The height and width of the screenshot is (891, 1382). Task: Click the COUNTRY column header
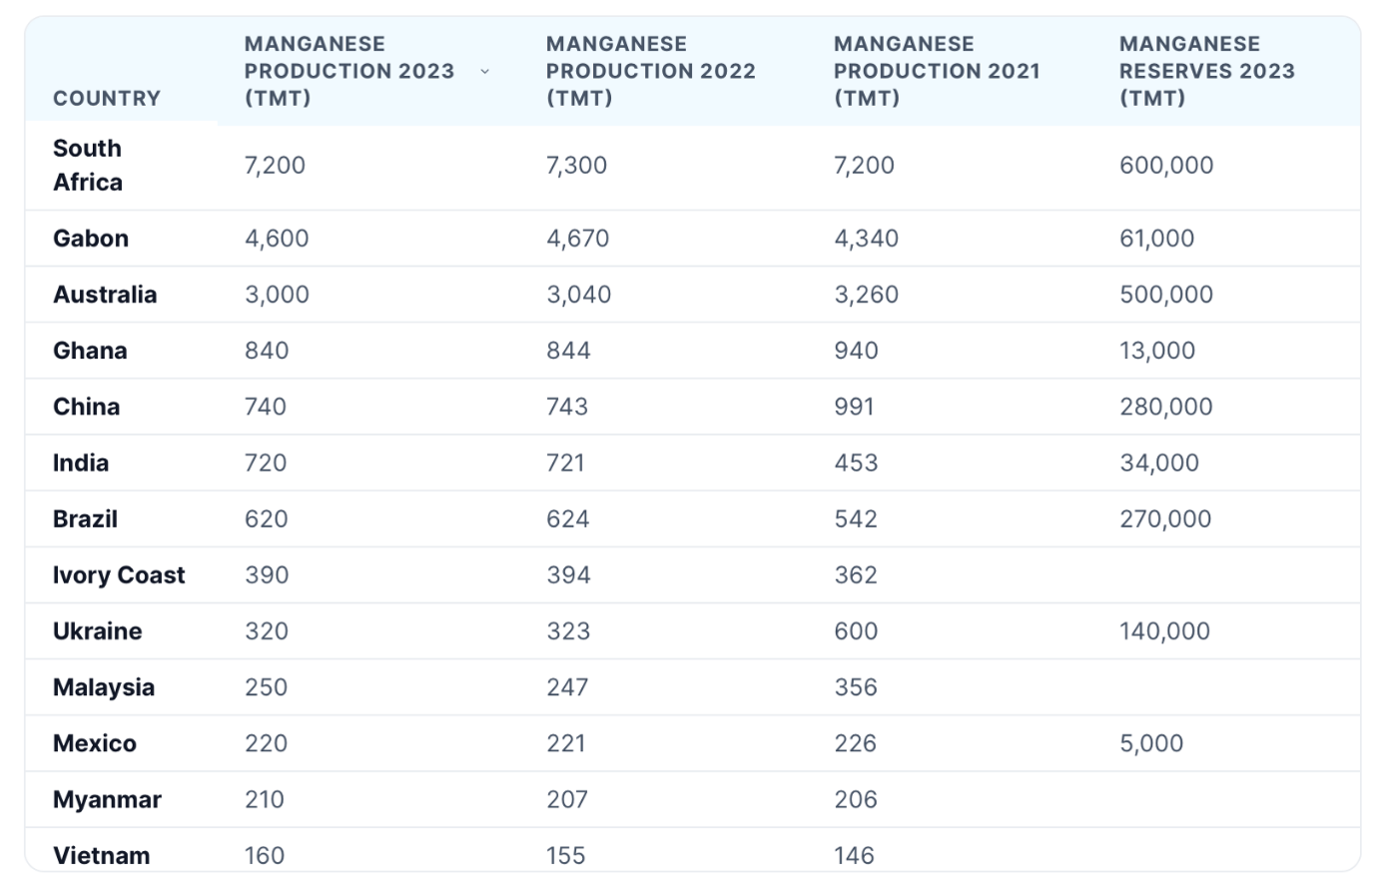tap(107, 98)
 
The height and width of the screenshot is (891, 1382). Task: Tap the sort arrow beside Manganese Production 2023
tap(485, 72)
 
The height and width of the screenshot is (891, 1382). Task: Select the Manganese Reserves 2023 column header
tap(1207, 71)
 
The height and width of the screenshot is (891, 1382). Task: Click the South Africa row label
tap(88, 165)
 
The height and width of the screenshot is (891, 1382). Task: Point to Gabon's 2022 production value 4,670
tap(577, 238)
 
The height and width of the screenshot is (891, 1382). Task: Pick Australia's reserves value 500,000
tap(1166, 295)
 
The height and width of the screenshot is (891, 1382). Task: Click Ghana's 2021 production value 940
tap(856, 351)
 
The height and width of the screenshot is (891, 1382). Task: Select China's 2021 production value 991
tap(854, 407)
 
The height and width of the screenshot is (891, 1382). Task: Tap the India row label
tap(81, 462)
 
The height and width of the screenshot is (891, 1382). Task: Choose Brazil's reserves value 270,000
tap(1165, 519)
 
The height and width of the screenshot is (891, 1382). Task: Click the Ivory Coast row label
tap(119, 575)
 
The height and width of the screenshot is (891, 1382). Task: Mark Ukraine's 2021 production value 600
tap(856, 631)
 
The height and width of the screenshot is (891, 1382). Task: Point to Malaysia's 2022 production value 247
tap(567, 687)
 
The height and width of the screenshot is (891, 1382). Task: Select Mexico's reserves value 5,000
tap(1151, 743)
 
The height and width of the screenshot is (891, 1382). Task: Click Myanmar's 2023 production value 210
tap(264, 800)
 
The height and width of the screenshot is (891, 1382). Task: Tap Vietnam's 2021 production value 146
tap(854, 856)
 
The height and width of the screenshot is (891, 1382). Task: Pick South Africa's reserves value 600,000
tap(1166, 166)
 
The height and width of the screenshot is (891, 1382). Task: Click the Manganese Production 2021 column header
tap(937, 71)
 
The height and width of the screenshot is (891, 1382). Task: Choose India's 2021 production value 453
tap(856, 462)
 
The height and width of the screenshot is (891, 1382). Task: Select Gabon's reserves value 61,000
tap(1156, 238)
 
